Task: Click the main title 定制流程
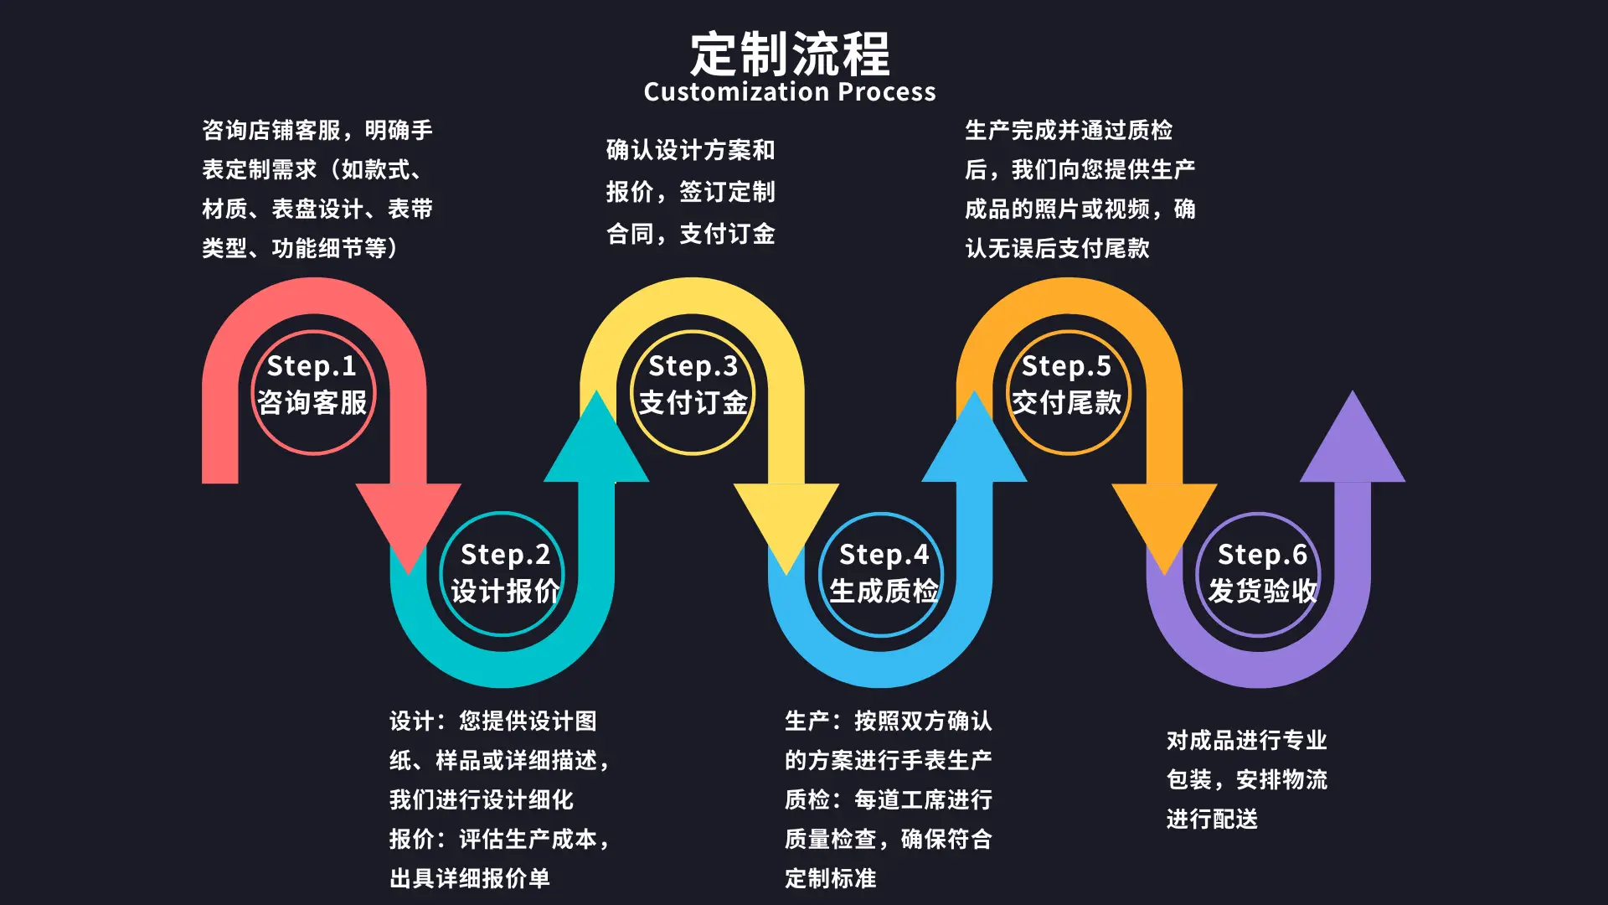coord(790,54)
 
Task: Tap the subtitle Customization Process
coord(790,91)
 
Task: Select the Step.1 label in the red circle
coord(312,366)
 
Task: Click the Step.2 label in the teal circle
coord(505,555)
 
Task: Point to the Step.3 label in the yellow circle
coord(693,366)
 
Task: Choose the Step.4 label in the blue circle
coord(884,555)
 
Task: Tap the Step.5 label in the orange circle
coord(1066,366)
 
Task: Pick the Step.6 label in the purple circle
coord(1262,555)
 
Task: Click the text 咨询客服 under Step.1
coord(312,403)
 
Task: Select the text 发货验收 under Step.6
coord(1262,592)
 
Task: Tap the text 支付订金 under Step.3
coord(693,403)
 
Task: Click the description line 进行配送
coord(1212,819)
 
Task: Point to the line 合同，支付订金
coord(691,234)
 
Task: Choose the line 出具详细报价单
coord(470,878)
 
